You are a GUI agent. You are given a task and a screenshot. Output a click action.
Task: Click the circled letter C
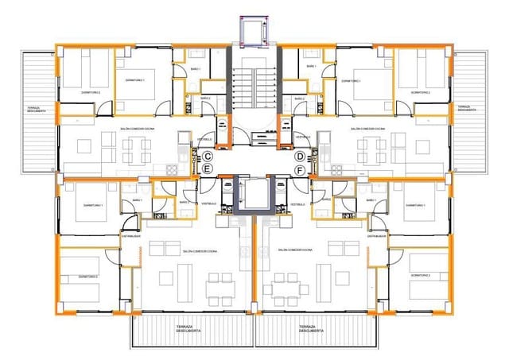tap(207, 157)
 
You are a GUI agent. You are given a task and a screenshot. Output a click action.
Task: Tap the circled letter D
tap(301, 157)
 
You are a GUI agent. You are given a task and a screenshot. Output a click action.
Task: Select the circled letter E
tap(207, 169)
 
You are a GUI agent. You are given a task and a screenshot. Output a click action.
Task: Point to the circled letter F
tap(301, 170)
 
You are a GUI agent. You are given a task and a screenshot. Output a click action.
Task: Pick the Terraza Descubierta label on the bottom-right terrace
tap(311, 329)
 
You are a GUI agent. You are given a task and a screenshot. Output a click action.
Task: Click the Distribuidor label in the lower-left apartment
tap(131, 236)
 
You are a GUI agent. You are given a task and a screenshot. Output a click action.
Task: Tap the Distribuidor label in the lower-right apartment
tap(377, 236)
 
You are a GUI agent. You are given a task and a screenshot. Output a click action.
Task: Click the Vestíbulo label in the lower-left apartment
tap(209, 205)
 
